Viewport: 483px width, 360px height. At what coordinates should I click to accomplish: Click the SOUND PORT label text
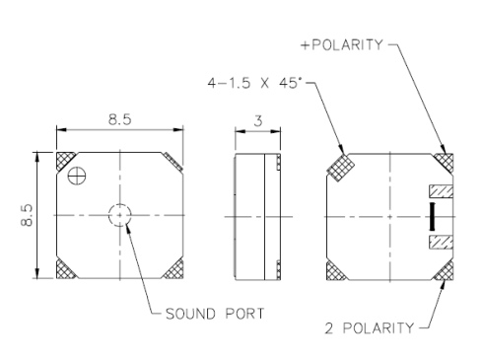pyautogui.click(x=215, y=314)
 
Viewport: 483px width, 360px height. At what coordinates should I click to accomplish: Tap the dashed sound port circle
pyautogui.click(x=120, y=204)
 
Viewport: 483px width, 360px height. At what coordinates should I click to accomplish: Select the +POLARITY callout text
pyautogui.click(x=342, y=44)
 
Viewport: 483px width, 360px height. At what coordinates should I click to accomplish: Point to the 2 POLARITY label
pyautogui.click(x=370, y=328)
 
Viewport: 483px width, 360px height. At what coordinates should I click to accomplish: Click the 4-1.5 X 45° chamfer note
pyautogui.click(x=255, y=83)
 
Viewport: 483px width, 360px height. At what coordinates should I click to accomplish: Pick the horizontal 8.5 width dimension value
pyautogui.click(x=120, y=119)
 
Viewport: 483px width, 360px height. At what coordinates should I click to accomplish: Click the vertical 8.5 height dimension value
pyautogui.click(x=27, y=215)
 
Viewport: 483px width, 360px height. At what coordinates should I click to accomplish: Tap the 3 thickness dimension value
pyautogui.click(x=258, y=121)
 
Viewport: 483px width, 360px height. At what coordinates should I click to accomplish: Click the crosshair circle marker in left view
pyautogui.click(x=77, y=176)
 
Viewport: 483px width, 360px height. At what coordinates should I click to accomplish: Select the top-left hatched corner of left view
pyautogui.click(x=64, y=160)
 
